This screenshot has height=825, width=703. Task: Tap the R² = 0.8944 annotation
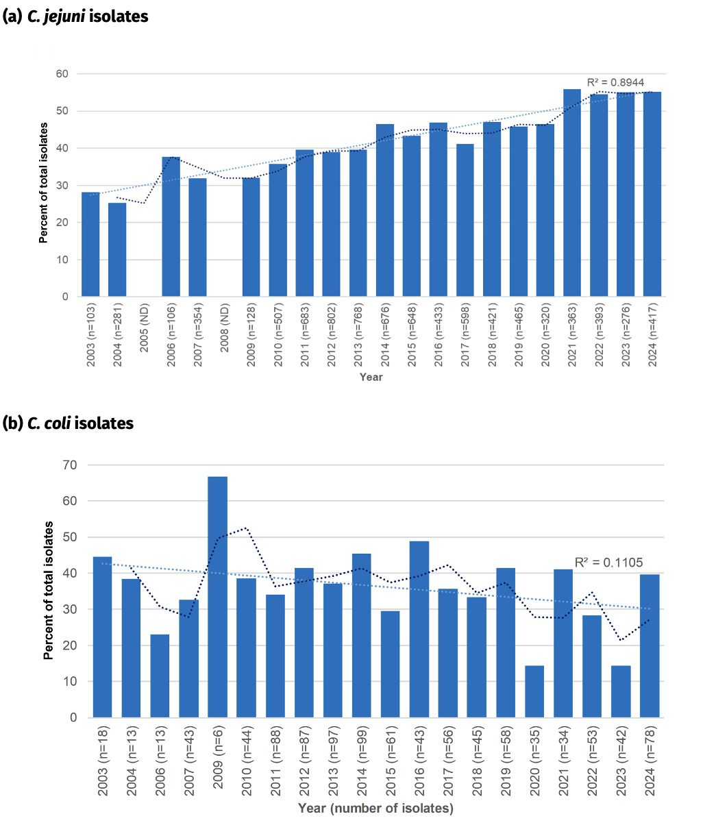[615, 82]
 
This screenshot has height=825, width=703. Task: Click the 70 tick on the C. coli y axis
[72, 465]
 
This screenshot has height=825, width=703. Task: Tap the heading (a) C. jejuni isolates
[75, 16]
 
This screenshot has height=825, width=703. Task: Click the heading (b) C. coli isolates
[69, 423]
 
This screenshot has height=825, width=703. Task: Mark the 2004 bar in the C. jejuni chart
[117, 250]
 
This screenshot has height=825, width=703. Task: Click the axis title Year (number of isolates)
[375, 809]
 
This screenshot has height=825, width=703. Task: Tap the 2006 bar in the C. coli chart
[160, 676]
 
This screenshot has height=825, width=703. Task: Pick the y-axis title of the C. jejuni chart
[43, 183]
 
